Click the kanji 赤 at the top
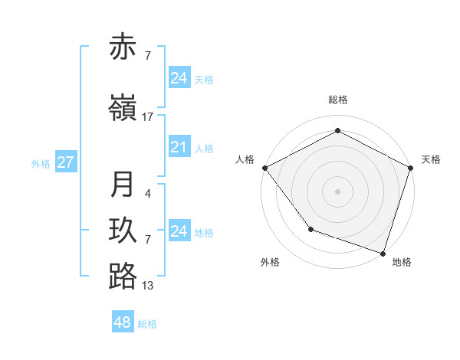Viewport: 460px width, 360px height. click(x=123, y=47)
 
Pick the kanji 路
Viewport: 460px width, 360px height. click(x=123, y=277)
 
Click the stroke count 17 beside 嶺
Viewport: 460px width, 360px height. click(x=147, y=117)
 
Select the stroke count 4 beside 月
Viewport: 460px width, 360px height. click(x=147, y=194)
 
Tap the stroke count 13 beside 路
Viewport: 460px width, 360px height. click(x=147, y=286)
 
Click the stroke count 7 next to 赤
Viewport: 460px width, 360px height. click(x=147, y=55)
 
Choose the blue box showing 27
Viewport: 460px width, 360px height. click(x=65, y=162)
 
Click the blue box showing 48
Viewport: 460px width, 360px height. click(x=123, y=322)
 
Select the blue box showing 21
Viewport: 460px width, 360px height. click(x=179, y=147)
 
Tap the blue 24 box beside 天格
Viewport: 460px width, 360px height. click(x=179, y=78)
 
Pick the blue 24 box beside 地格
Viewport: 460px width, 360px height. click(x=179, y=231)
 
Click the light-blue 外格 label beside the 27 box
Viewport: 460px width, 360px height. click(x=41, y=163)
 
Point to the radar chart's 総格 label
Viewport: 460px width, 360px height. click(x=338, y=100)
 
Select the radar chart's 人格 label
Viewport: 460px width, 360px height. click(x=245, y=159)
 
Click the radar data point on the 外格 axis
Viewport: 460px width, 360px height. click(x=310, y=228)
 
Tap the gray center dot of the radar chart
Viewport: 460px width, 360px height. click(x=338, y=191)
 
